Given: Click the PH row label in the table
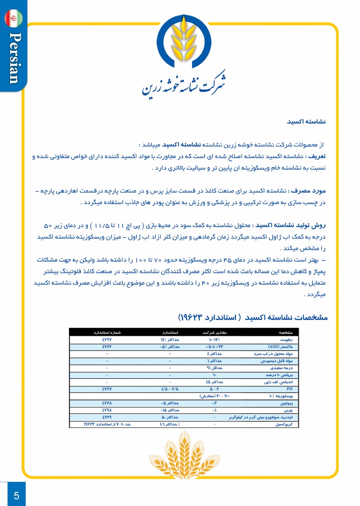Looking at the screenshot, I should (289, 389).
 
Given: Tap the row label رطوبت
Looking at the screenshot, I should (291, 340).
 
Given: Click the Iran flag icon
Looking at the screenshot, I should (14, 18).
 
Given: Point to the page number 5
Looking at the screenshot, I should (16, 495).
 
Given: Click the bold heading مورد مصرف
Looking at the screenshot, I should (310, 192).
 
